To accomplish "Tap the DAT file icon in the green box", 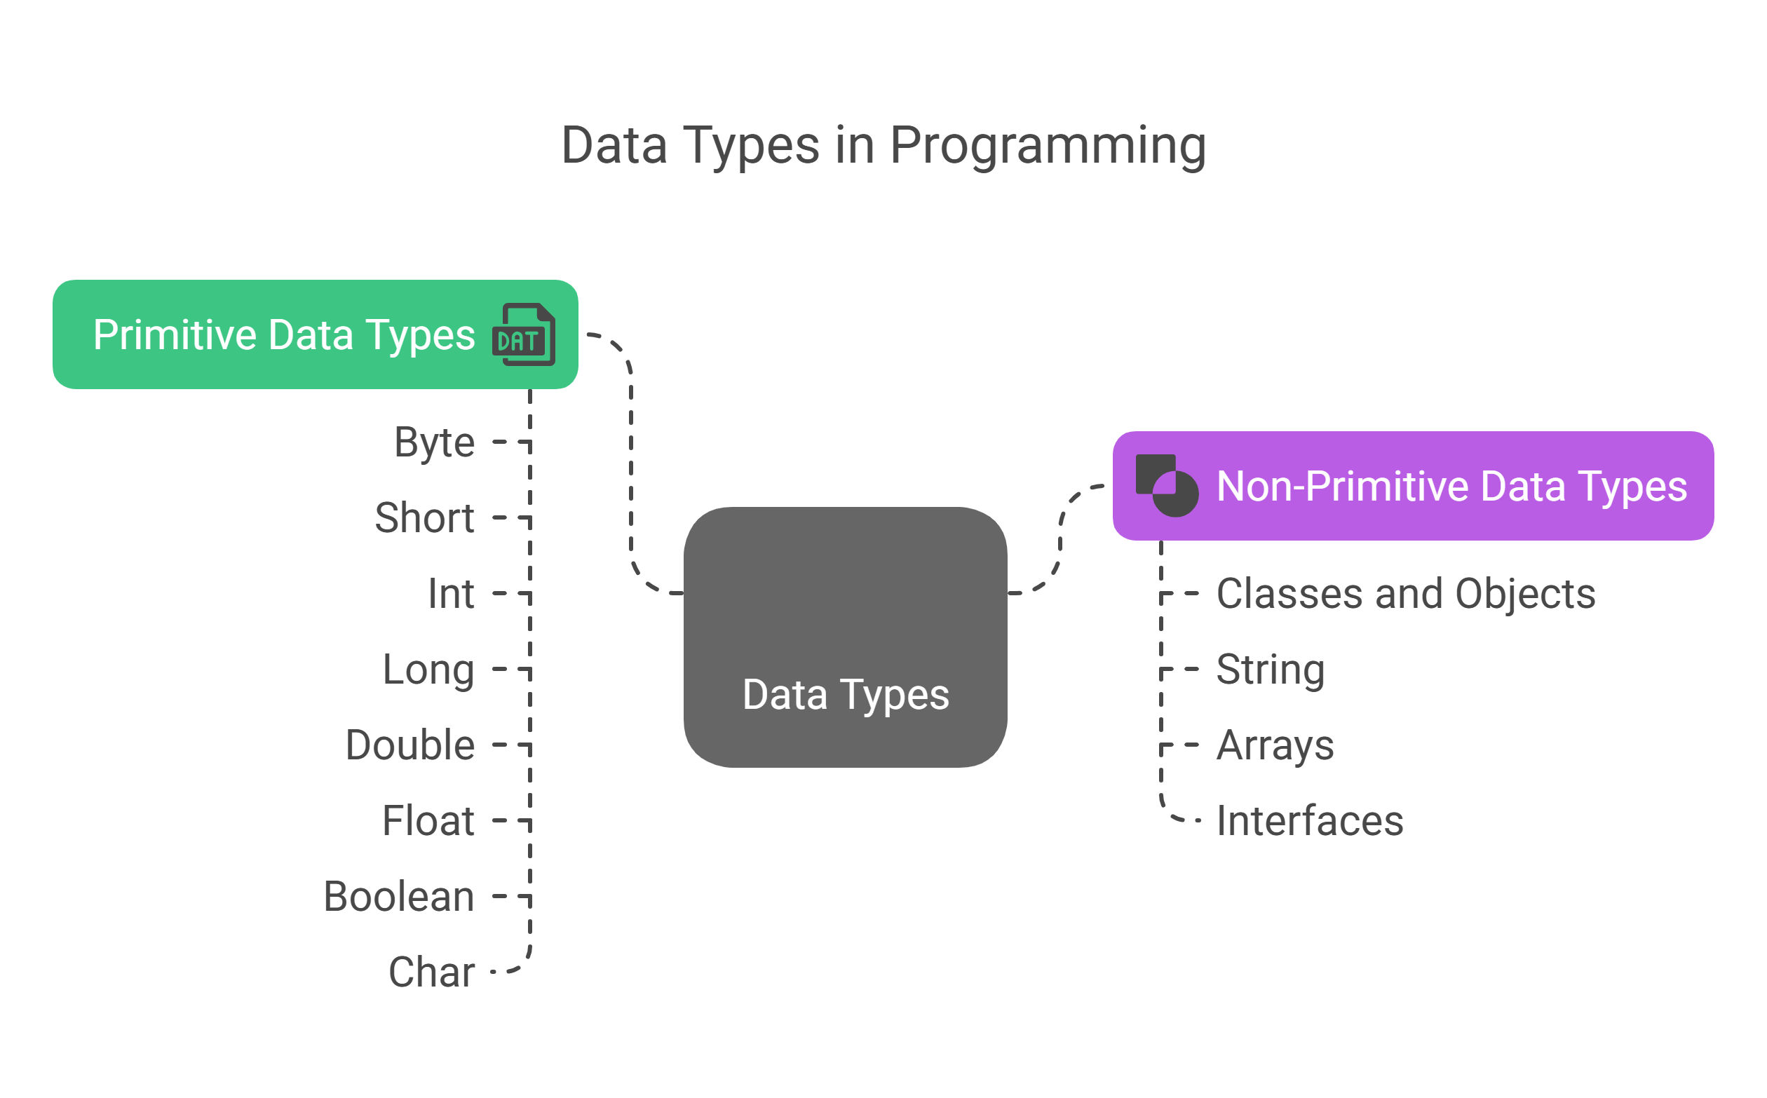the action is (524, 334).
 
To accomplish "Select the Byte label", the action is (434, 442).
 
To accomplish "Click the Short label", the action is (424, 517).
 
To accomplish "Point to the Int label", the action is (451, 593).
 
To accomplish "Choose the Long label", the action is (428, 670).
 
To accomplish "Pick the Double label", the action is (410, 745).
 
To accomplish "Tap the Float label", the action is (428, 820).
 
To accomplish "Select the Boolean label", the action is (399, 896).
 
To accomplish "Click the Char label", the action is (431, 972).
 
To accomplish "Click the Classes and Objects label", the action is (1406, 594).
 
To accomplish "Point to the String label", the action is (1271, 670).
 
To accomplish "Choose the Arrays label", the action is (1275, 746).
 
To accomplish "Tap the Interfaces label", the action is (1309, 820).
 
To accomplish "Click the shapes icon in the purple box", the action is (1166, 485).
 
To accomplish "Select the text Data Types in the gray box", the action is (846, 696).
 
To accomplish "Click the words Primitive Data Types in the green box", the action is (284, 335).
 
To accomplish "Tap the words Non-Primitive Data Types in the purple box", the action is (1451, 487).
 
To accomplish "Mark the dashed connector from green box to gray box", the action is (631, 465).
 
